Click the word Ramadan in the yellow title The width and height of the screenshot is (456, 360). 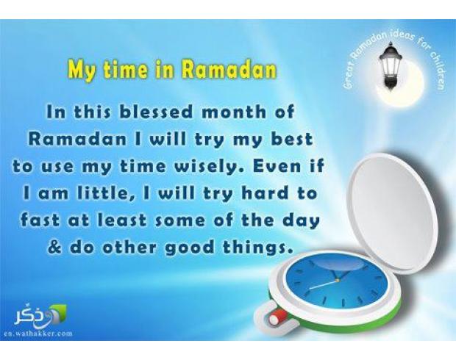[x=229, y=70]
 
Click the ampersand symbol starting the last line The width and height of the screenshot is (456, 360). [x=54, y=248]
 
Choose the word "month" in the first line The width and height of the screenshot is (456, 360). [x=233, y=112]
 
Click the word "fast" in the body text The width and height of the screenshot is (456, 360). [x=40, y=220]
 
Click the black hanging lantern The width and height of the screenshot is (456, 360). [x=390, y=66]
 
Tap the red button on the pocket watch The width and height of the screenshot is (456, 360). [x=277, y=316]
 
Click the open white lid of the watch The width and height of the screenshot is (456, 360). [x=393, y=212]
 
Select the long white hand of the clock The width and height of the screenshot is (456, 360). [x=323, y=284]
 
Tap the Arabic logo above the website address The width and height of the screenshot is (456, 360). [x=40, y=315]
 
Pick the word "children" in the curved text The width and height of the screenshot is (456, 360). [x=436, y=71]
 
